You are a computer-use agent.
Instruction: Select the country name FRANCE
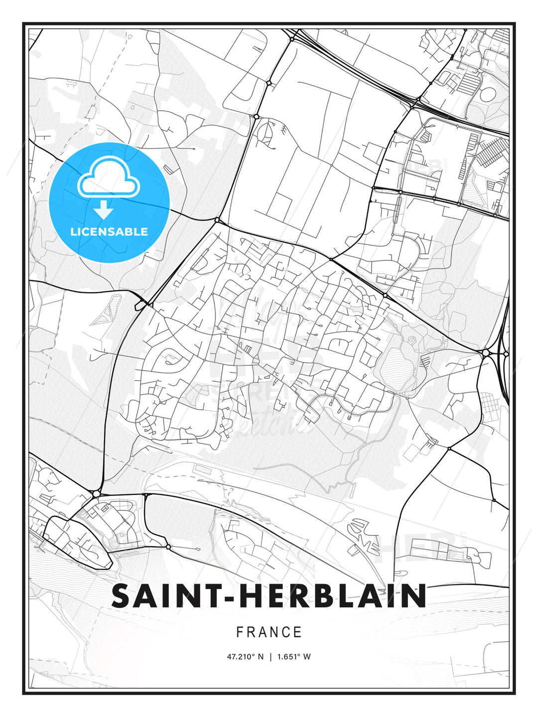[269, 632]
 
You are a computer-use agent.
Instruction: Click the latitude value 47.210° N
[245, 657]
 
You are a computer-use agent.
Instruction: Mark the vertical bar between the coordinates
[270, 657]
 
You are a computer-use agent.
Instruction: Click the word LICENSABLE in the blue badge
[109, 232]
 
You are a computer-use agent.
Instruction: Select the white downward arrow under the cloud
[104, 210]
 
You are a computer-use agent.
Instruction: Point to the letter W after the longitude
[307, 657]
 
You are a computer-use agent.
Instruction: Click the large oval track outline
[488, 94]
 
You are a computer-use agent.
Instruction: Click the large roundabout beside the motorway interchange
[485, 353]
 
